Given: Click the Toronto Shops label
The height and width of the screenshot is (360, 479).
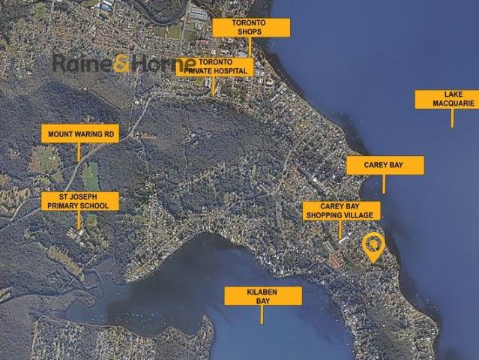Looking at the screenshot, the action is [x=250, y=28].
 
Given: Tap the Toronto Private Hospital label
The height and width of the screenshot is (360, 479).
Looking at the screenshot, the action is [x=215, y=67].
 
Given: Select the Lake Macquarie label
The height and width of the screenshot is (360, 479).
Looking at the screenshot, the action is [x=447, y=99].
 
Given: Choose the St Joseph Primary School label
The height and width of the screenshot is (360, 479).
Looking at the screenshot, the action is [x=79, y=201].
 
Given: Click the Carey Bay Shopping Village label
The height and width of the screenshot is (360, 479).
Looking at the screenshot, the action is [x=341, y=211].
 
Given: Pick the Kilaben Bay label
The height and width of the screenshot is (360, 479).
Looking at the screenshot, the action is [x=263, y=296].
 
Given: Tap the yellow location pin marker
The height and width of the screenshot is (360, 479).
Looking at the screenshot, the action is [x=373, y=246].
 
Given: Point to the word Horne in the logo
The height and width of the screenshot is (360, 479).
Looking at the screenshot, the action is [x=163, y=64].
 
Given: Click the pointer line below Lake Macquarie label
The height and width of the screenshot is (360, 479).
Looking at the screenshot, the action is [x=452, y=118].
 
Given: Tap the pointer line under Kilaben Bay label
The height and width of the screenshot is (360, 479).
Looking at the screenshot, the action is [x=262, y=315].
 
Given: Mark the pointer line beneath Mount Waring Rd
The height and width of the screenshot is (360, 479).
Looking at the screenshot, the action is [x=79, y=151].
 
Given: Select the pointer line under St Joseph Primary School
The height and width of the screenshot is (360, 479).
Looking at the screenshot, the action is [x=79, y=220].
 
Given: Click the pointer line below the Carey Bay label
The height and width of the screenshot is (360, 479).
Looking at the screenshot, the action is [x=384, y=184].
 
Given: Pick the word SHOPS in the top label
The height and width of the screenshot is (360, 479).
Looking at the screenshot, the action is [x=250, y=32].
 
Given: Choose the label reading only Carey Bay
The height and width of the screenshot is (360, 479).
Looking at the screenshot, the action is [x=385, y=165].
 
